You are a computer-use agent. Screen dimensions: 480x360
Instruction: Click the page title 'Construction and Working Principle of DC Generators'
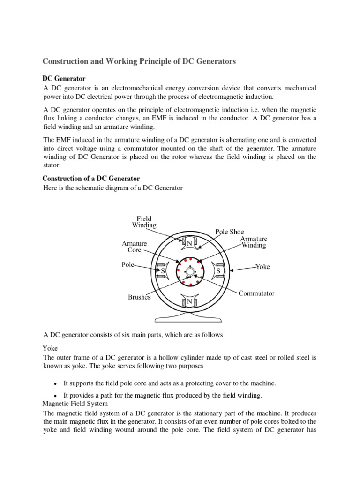tap(139, 61)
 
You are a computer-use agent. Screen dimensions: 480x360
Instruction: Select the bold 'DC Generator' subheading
tap(64, 78)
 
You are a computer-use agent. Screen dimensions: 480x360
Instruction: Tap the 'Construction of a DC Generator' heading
tap(91, 179)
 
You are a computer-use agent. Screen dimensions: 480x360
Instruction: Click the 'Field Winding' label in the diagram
tap(144, 222)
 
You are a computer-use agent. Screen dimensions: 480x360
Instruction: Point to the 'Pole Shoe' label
tap(229, 232)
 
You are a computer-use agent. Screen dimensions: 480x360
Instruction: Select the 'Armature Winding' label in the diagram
tap(254, 242)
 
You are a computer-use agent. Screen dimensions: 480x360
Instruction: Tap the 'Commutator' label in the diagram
tap(256, 293)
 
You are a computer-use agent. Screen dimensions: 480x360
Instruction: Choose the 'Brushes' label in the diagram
tap(139, 297)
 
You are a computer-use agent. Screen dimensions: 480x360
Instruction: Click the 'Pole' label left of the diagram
tap(128, 264)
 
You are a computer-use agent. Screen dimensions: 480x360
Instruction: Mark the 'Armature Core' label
tap(135, 247)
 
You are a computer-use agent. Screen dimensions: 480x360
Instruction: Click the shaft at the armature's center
tap(190, 272)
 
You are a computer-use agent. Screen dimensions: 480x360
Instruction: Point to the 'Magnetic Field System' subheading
tap(75, 403)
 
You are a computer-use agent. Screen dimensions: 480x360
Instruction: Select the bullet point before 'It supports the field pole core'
tap(56, 383)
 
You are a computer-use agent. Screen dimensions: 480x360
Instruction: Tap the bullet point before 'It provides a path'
tap(56, 396)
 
